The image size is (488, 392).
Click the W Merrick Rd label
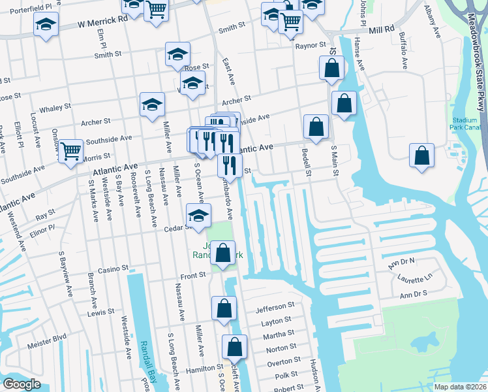tap(102, 22)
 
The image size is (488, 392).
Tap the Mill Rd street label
tap(382, 30)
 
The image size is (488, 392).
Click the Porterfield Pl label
tap(30, 6)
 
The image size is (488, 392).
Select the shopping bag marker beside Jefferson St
tap(224, 308)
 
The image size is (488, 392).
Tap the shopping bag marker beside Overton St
tap(234, 347)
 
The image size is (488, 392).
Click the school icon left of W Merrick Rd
tap(46, 25)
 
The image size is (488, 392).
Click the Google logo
tap(22, 384)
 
